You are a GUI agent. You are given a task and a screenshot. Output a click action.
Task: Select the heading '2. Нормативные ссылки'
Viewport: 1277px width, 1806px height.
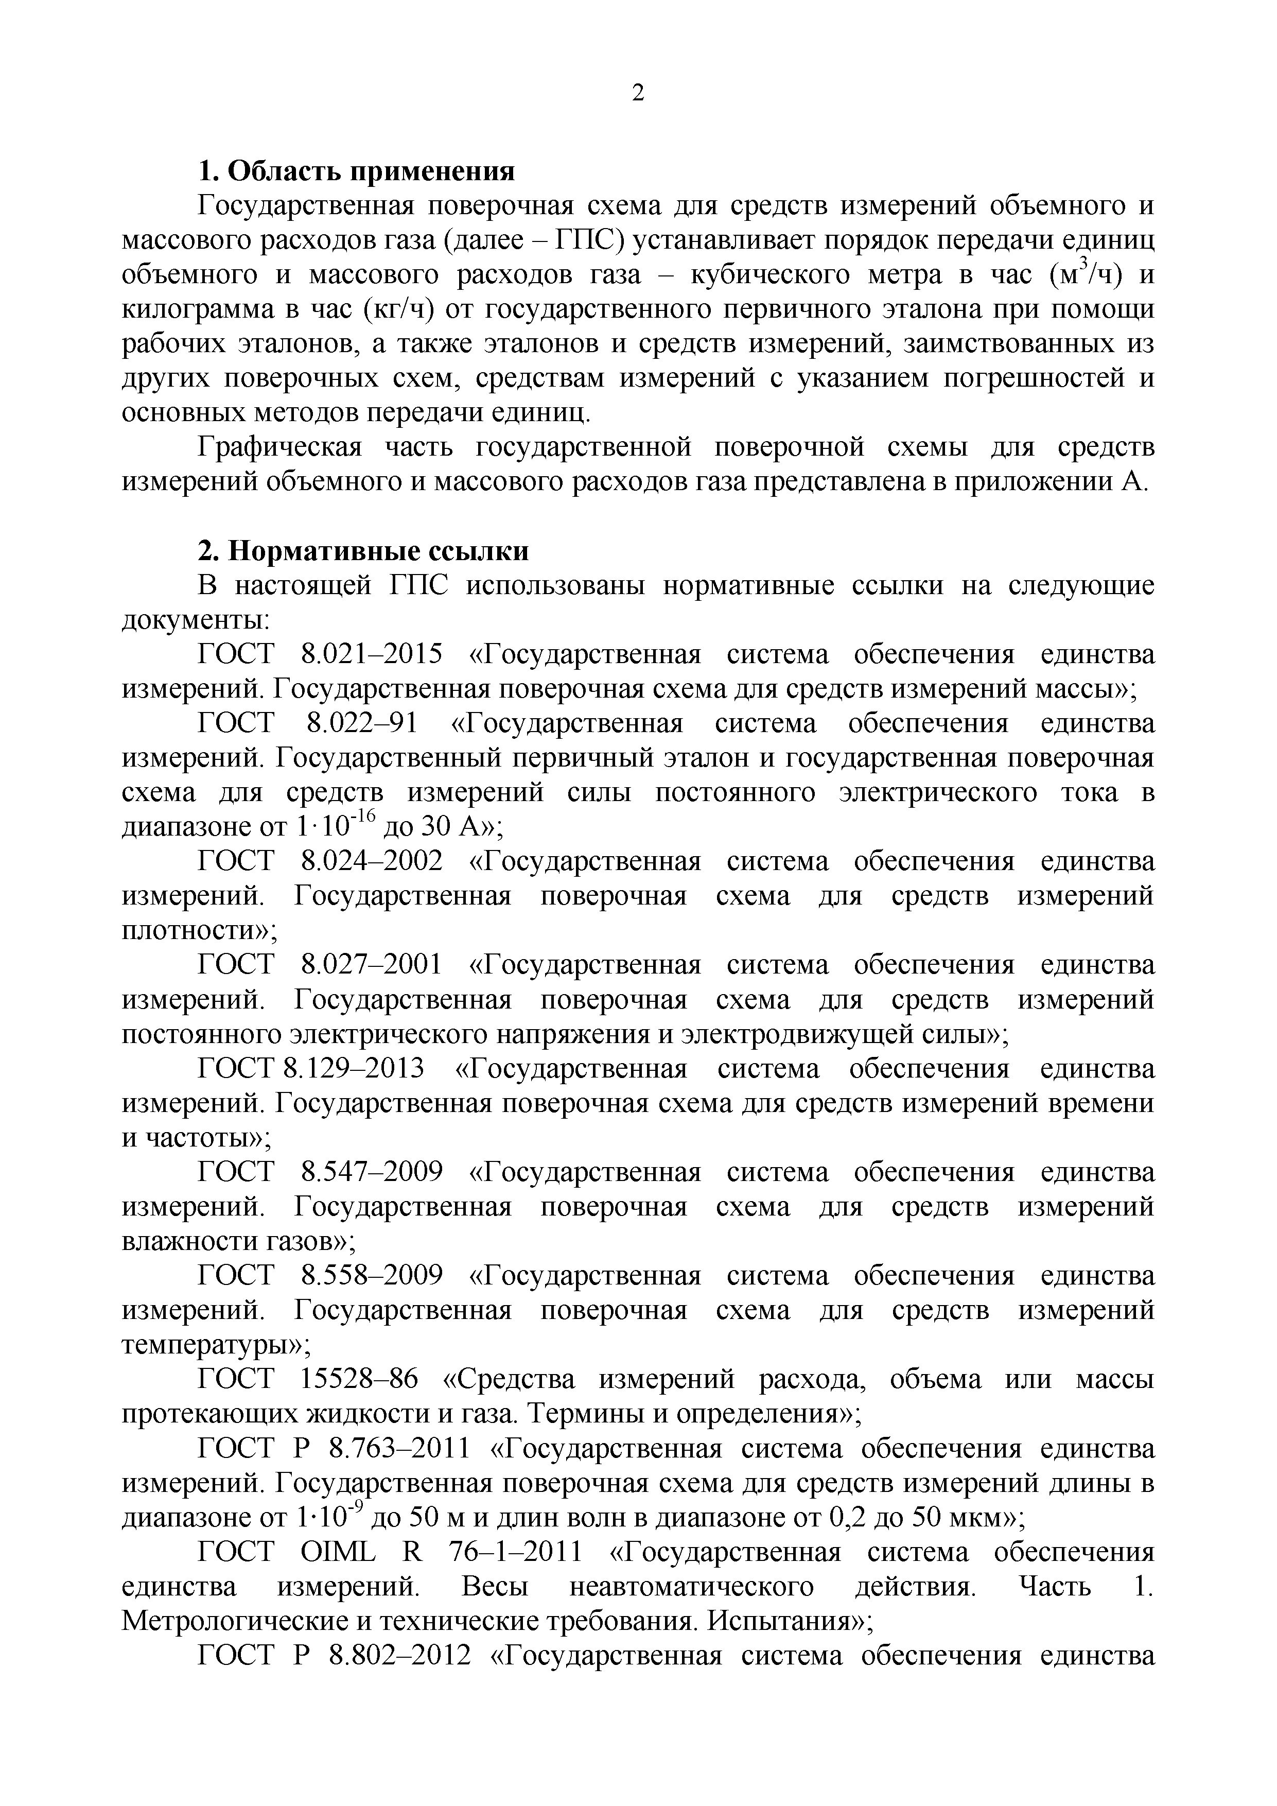tap(362, 551)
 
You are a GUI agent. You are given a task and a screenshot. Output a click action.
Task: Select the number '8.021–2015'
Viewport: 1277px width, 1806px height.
tap(372, 654)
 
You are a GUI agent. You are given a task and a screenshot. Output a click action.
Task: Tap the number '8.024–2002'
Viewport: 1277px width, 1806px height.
tap(372, 861)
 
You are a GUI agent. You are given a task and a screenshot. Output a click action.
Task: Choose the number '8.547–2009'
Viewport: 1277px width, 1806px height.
tap(372, 1172)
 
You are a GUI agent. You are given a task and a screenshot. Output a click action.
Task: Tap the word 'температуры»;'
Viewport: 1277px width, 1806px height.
tap(216, 1346)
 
